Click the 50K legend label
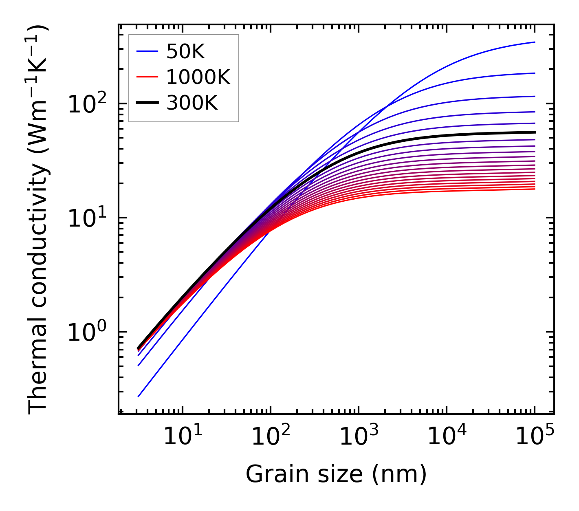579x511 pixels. (x=185, y=51)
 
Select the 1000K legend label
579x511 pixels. (x=198, y=77)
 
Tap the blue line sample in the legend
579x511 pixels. (x=147, y=51)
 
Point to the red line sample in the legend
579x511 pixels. (x=147, y=77)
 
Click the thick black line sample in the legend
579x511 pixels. (x=147, y=103)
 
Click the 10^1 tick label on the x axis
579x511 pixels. (x=183, y=437)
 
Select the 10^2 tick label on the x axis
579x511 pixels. (x=271, y=437)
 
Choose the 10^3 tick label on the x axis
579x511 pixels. (x=359, y=437)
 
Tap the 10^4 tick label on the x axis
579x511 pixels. (x=447, y=437)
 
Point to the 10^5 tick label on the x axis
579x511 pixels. (x=535, y=437)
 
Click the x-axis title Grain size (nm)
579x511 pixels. (x=336, y=474)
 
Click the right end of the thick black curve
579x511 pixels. (x=534, y=132)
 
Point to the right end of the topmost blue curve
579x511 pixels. (x=534, y=42)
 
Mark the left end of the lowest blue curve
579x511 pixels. (x=139, y=396)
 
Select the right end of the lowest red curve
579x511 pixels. (x=534, y=189)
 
